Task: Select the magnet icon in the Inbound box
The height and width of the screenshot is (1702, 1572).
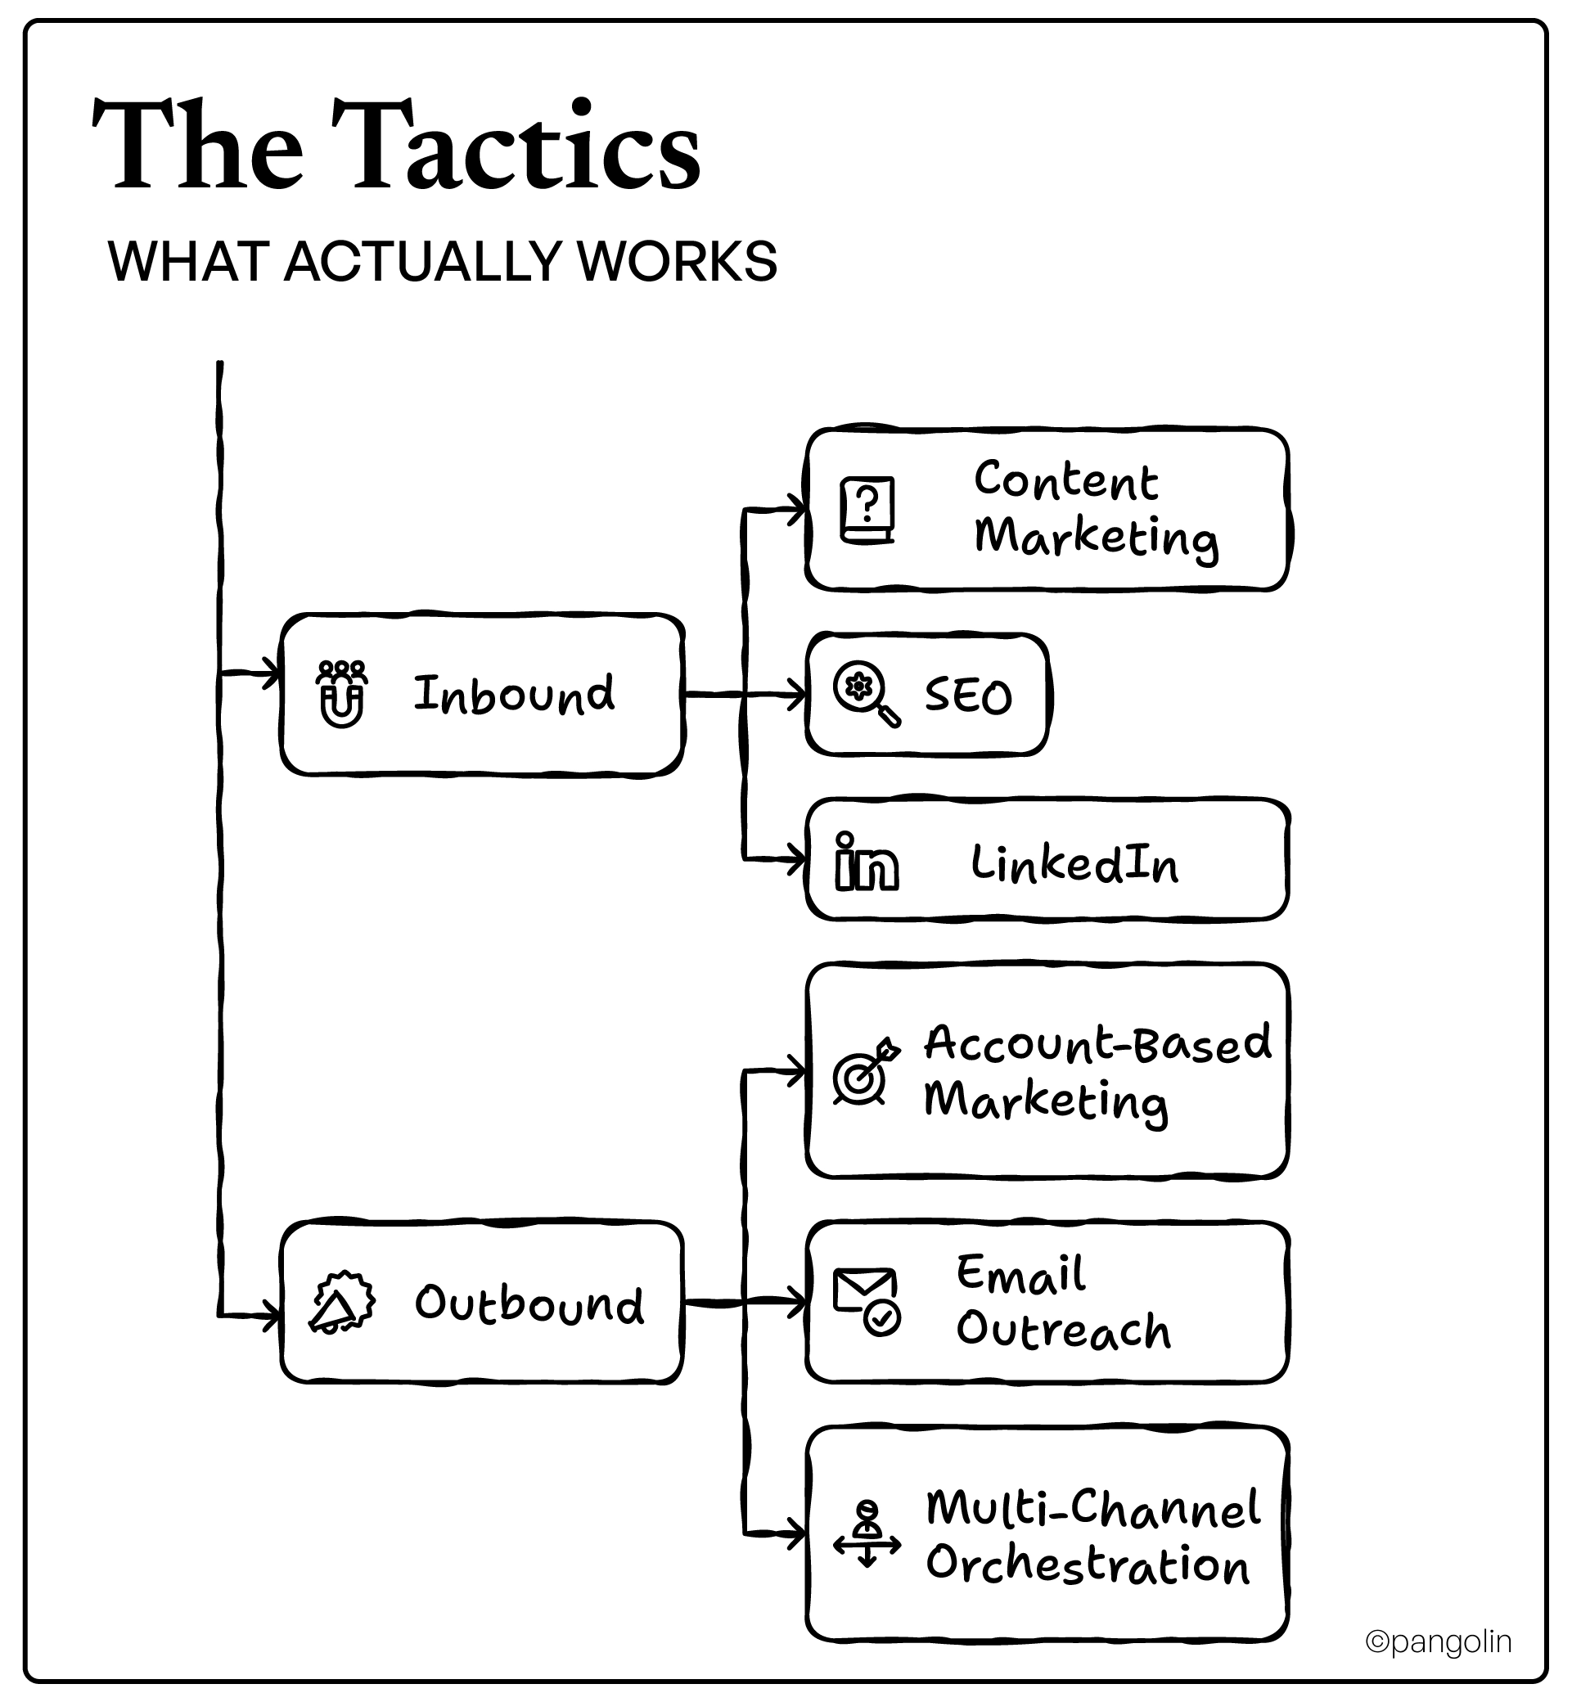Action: [x=342, y=694]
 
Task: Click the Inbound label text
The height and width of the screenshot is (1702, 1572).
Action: [x=513, y=694]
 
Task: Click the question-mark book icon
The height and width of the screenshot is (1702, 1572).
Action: [x=867, y=511]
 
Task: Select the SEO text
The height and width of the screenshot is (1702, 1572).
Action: [x=968, y=696]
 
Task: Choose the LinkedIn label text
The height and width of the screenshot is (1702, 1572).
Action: [x=1074, y=863]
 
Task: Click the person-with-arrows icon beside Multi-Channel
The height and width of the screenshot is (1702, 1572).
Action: [x=867, y=1533]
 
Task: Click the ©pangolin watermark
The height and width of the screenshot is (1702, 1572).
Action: [x=1439, y=1641]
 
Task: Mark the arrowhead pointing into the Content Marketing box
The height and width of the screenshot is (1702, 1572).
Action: [x=797, y=510]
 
